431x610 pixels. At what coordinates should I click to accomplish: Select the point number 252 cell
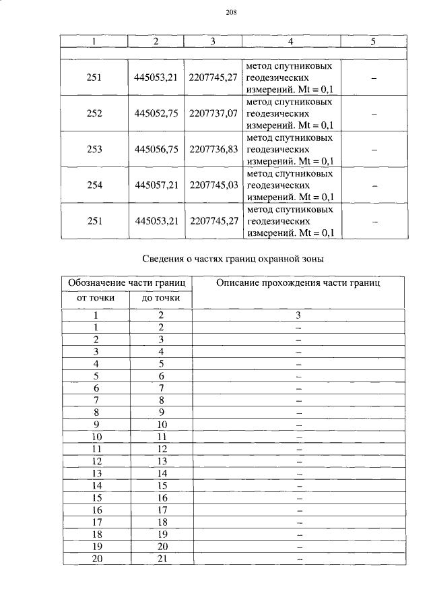[x=94, y=113]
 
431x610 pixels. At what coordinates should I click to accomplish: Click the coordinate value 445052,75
[x=156, y=113]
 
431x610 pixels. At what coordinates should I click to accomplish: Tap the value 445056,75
[x=156, y=149]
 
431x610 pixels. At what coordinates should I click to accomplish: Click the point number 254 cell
[x=94, y=185]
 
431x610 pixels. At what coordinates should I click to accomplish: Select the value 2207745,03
[x=213, y=185]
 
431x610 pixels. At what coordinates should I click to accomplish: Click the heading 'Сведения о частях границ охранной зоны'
[x=234, y=259]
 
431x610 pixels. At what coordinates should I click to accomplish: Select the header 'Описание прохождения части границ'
[x=298, y=283]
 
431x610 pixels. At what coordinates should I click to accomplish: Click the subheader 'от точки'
[x=95, y=297]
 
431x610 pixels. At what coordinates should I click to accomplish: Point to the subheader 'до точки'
[x=160, y=297]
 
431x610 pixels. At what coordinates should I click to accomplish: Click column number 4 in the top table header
[x=290, y=42]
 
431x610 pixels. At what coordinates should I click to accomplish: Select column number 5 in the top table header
[x=373, y=42]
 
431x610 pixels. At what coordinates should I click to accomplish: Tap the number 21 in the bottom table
[x=161, y=559]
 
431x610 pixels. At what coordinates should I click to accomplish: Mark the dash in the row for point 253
[x=373, y=149]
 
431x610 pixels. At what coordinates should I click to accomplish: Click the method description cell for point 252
[x=290, y=113]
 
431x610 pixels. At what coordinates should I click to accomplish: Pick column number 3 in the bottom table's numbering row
[x=298, y=315]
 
